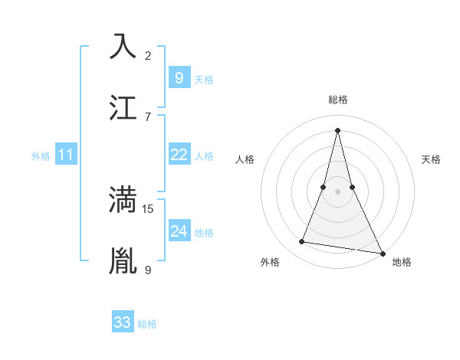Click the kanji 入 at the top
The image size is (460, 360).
123,46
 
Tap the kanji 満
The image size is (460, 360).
123,200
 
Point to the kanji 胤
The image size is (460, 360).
123,261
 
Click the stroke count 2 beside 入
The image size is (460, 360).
148,55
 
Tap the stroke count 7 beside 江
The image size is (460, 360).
148,116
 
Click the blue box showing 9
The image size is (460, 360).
179,77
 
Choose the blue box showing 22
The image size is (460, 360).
179,155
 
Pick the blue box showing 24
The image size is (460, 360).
179,231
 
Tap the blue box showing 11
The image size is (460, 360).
66,155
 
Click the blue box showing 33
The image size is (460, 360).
123,322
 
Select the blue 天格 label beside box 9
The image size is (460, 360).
204,80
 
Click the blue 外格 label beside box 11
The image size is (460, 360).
41,156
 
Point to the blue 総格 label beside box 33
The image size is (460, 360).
147,324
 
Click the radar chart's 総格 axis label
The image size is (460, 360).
337,100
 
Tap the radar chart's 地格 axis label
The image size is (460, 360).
402,262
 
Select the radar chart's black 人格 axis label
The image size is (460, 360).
245,159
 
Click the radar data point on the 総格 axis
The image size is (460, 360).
337,129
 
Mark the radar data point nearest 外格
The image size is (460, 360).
302,242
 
